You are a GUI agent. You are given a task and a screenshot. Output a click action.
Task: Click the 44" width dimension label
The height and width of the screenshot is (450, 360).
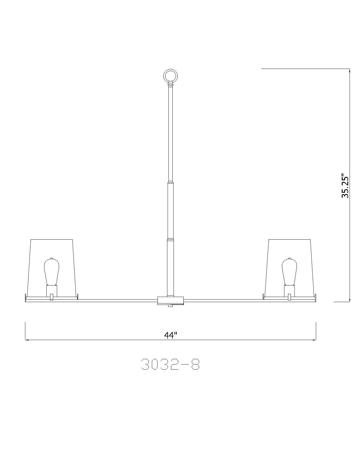(x=170, y=335)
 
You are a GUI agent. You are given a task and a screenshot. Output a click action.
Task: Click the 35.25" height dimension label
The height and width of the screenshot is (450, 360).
(x=345, y=186)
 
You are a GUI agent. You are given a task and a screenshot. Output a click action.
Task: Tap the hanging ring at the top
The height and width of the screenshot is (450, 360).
(x=170, y=76)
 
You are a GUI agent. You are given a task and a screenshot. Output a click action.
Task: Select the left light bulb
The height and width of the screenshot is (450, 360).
(x=51, y=271)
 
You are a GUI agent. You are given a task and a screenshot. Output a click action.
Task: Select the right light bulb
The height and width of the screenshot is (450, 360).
(x=289, y=271)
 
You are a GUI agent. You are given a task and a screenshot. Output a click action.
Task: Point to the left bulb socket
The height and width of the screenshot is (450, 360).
(x=51, y=290)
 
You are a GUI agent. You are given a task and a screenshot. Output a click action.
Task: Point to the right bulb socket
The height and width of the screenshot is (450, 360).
(x=289, y=290)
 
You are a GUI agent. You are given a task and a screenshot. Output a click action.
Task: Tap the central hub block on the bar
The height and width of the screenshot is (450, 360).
(x=170, y=300)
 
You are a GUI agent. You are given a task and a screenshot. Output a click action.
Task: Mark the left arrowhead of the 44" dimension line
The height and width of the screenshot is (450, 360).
(x=27, y=340)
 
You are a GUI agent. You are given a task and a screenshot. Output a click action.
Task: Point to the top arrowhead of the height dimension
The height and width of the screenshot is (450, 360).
(x=350, y=71)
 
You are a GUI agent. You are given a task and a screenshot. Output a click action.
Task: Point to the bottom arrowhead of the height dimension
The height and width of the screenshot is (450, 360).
(x=350, y=300)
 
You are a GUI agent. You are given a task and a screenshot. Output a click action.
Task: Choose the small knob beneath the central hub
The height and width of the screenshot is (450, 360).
(x=170, y=305)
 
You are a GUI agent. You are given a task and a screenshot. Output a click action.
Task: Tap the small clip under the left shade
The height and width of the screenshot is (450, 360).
(x=51, y=297)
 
